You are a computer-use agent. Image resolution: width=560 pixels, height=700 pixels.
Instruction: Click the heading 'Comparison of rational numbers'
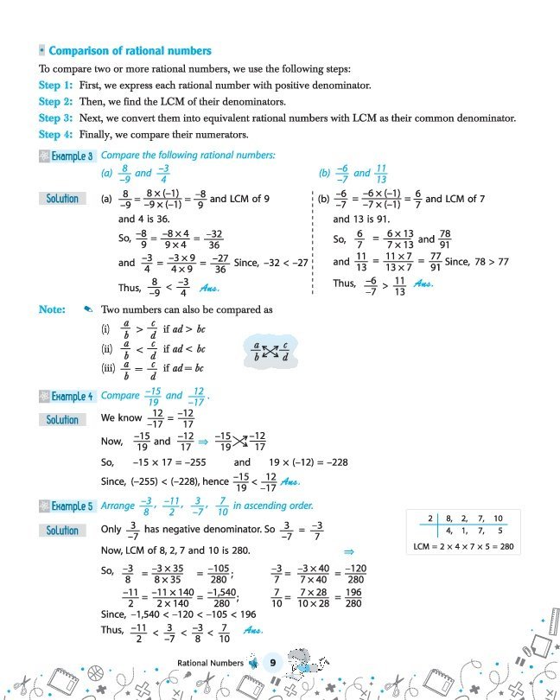(130, 51)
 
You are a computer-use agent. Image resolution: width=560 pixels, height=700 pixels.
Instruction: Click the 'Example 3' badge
(67, 156)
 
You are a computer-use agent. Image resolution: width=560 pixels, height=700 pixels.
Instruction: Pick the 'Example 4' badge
(67, 397)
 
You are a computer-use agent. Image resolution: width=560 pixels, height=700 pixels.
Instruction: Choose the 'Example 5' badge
(67, 506)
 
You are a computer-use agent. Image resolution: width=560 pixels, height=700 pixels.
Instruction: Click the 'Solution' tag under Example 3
(62, 199)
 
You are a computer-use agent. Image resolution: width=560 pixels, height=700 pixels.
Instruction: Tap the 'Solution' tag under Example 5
(62, 531)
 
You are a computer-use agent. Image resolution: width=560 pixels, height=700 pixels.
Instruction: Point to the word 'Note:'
(52, 309)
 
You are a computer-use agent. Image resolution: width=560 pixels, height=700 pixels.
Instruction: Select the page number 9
(271, 663)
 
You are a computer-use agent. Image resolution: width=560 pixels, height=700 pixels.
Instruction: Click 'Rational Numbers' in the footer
(210, 664)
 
